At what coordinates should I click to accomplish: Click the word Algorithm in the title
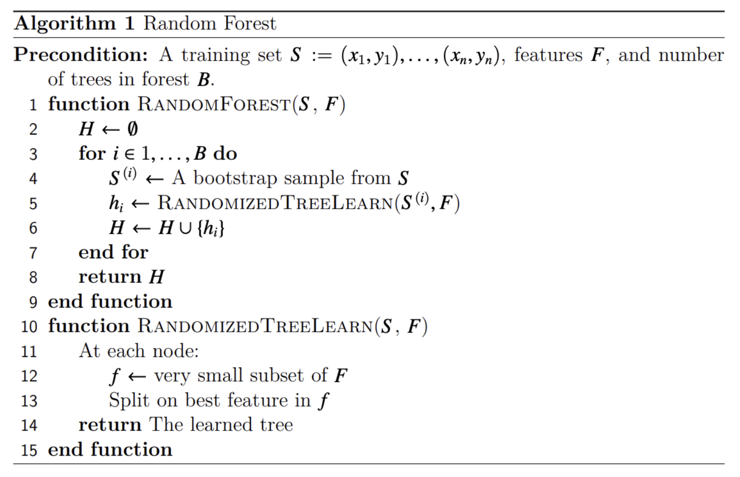pyautogui.click(x=65, y=24)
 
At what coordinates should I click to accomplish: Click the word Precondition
pyautogui.click(x=81, y=55)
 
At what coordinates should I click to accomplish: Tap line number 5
pyautogui.click(x=33, y=204)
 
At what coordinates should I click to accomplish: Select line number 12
pyautogui.click(x=29, y=376)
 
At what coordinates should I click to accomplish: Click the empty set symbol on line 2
pyautogui.click(x=133, y=129)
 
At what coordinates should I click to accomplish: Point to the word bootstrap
pyautogui.click(x=235, y=178)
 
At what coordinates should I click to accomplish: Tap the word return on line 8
pyautogui.click(x=110, y=277)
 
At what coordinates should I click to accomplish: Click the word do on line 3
pyautogui.click(x=225, y=154)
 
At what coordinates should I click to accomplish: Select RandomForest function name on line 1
pyautogui.click(x=214, y=104)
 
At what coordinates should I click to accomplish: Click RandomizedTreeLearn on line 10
pyautogui.click(x=256, y=327)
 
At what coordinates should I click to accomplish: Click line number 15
pyautogui.click(x=29, y=450)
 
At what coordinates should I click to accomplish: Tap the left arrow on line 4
pyautogui.click(x=154, y=179)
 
